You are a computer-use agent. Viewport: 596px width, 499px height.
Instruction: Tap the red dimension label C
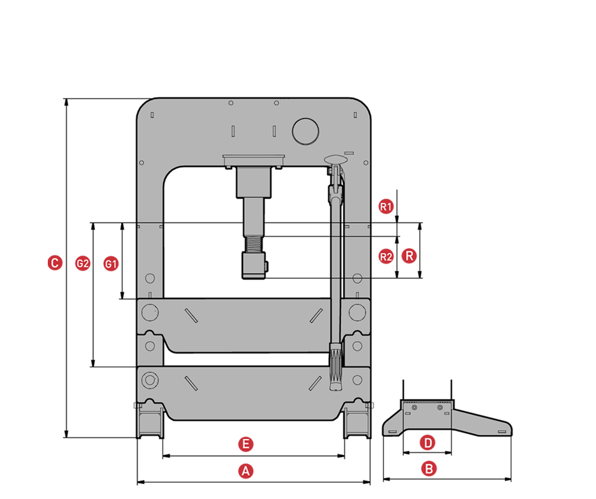tap(55, 262)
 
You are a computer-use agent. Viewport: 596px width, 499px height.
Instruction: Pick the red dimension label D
tap(428, 442)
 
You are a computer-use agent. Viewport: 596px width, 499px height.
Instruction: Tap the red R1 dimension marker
tap(386, 206)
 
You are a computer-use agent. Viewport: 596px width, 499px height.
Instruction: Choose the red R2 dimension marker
tap(386, 257)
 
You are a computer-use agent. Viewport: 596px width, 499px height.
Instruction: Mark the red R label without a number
tap(409, 257)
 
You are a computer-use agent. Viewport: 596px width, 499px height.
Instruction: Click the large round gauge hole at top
tap(305, 131)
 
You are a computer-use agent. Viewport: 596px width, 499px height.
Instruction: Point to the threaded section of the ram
tap(254, 244)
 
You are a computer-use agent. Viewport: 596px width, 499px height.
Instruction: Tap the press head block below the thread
tap(253, 265)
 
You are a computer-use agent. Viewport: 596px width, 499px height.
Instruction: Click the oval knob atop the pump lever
tap(334, 158)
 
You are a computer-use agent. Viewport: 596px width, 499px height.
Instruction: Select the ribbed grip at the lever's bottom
tap(336, 367)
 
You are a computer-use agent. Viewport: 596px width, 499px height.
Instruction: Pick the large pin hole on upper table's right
tap(357, 312)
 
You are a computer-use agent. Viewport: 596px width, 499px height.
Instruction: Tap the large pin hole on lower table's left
tap(150, 380)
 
